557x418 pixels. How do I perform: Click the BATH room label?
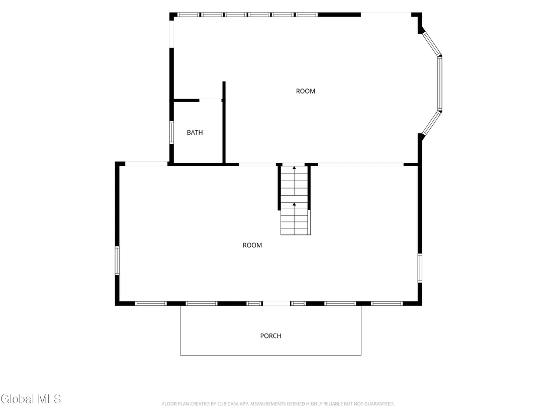point(195,133)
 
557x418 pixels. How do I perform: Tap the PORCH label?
point(270,336)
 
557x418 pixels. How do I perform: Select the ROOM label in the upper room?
point(306,92)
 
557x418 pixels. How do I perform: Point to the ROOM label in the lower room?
point(252,245)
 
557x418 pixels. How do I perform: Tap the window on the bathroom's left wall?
point(171,133)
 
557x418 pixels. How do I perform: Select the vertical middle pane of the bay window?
point(440,83)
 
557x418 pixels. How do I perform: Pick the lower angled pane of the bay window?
point(432,123)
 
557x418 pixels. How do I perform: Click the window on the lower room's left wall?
point(117,261)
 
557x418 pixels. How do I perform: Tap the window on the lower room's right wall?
point(420,268)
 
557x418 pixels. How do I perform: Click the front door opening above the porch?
point(276,303)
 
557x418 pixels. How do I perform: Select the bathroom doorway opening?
point(211,100)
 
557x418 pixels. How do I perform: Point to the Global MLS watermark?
point(31,399)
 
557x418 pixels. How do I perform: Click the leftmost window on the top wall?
point(189,15)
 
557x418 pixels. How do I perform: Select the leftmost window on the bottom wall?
point(151,303)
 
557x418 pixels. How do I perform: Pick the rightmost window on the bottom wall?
point(387,303)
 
